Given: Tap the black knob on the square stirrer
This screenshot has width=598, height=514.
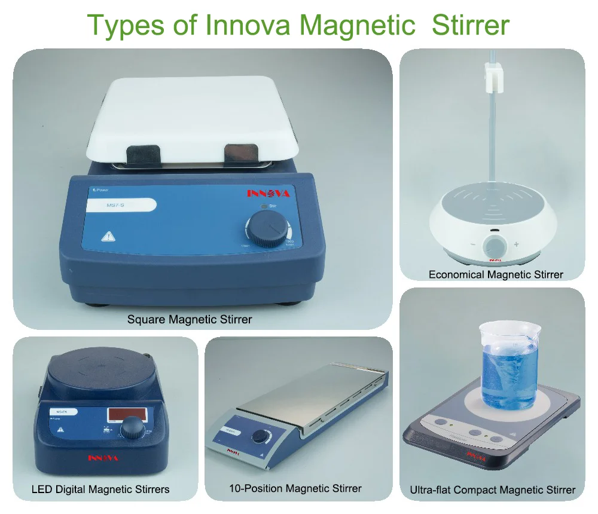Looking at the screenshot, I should (x=265, y=230).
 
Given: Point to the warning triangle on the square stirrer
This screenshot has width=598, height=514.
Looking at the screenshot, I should (x=108, y=236).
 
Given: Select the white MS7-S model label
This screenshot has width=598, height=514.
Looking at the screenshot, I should (x=119, y=206).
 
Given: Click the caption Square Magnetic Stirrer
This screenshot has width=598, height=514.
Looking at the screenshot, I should (x=190, y=319).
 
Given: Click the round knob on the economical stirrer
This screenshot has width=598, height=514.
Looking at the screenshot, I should (x=495, y=246).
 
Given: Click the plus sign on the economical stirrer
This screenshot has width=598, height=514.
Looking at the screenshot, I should (x=516, y=244).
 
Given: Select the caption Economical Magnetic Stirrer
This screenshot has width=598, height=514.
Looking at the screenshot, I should (x=496, y=274).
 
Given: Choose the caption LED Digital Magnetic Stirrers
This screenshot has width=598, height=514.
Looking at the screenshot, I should (x=100, y=489).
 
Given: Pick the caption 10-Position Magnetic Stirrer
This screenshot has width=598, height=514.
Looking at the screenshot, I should (x=295, y=488).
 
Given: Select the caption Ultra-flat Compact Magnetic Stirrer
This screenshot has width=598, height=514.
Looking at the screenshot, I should (x=493, y=490).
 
